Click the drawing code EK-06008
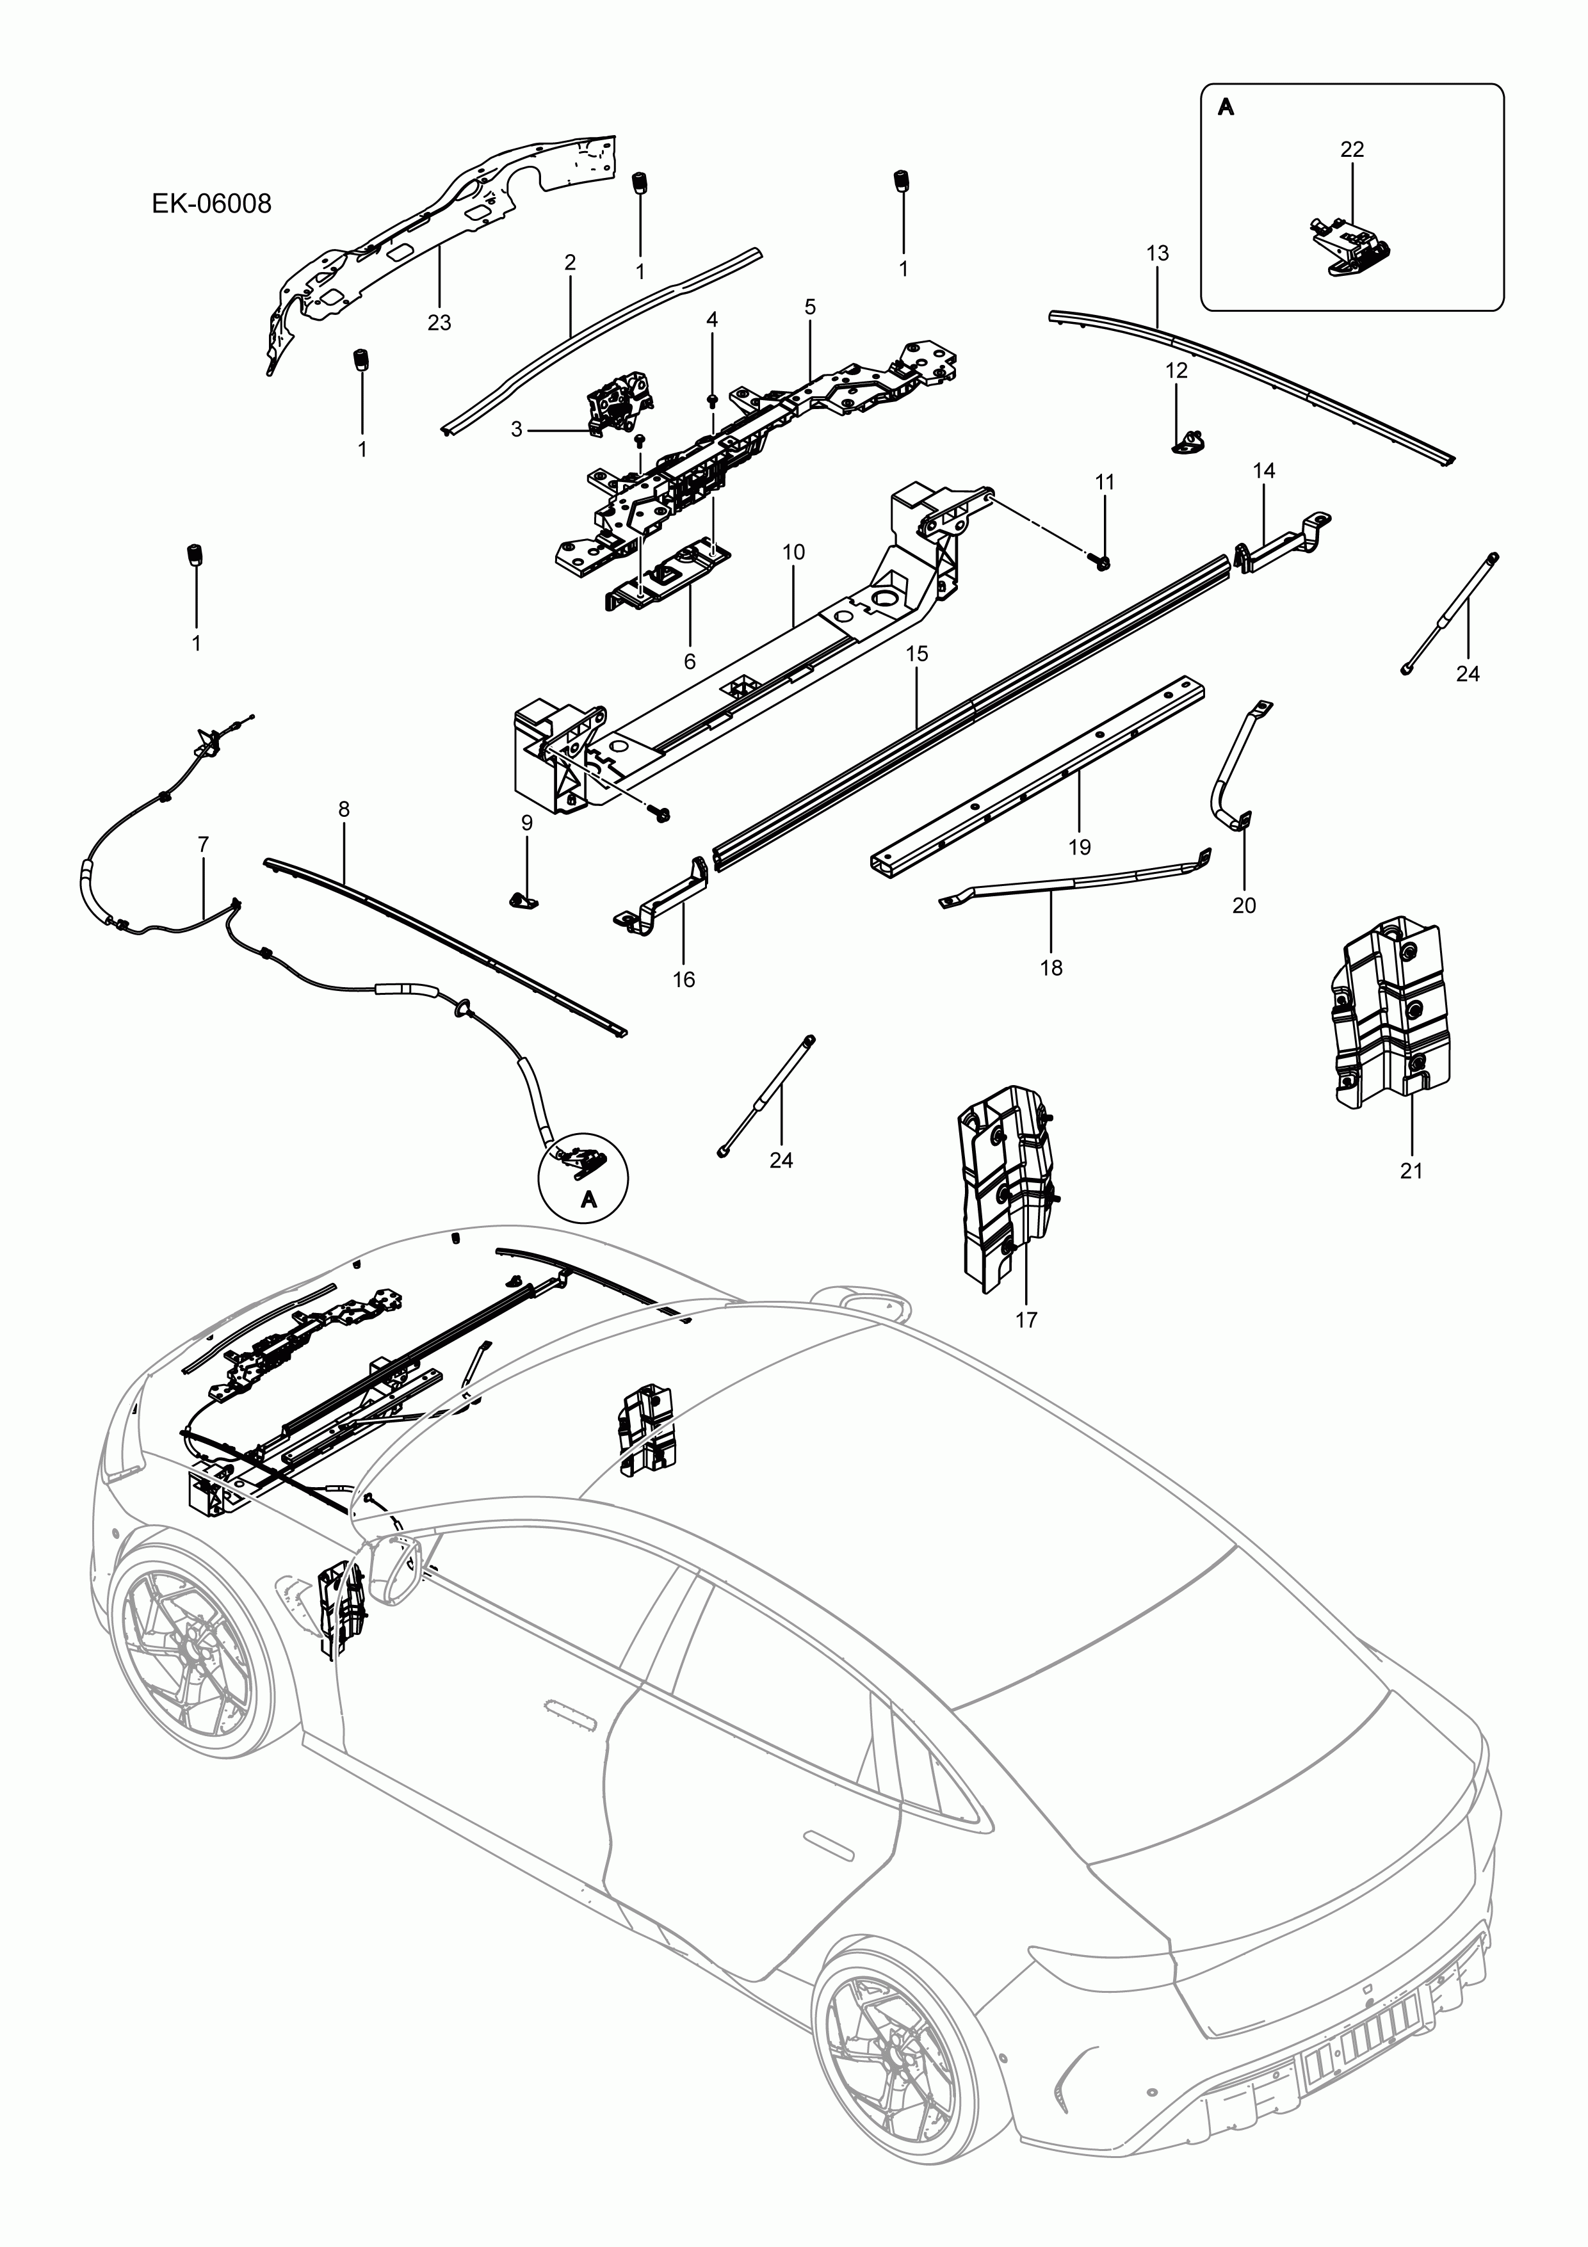coord(211,204)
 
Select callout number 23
coord(439,322)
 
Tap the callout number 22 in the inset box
coord(1352,149)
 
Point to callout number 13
coord(1157,252)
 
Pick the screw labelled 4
coord(712,399)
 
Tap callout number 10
coord(793,552)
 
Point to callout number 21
coord(1411,1170)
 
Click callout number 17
coord(1025,1320)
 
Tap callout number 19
coord(1079,846)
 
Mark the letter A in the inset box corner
coord(1226,108)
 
